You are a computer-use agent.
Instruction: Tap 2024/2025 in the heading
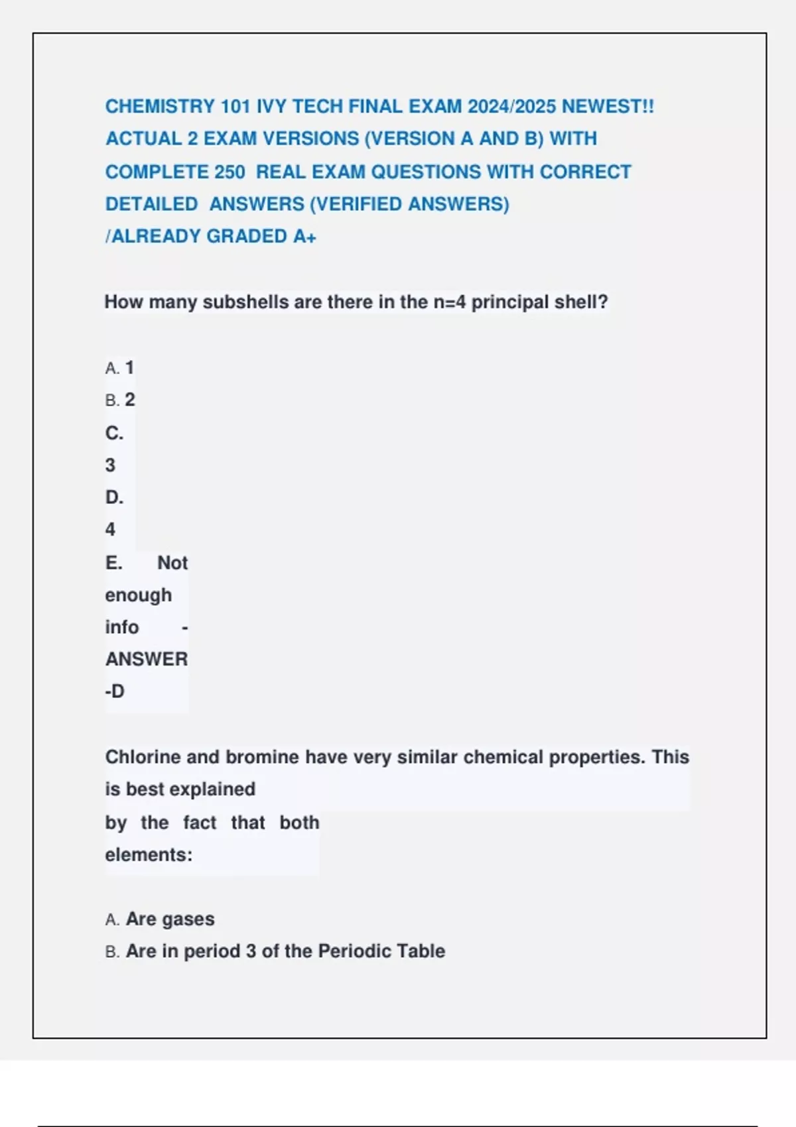(511, 106)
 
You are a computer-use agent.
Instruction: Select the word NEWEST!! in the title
(608, 106)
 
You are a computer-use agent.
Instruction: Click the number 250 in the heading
(230, 172)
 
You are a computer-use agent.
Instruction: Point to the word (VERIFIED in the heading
(358, 204)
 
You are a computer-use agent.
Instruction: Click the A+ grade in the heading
(304, 236)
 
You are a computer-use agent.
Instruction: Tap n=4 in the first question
(450, 302)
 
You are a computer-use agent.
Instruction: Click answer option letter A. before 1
(112, 368)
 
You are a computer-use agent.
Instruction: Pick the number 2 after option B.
(130, 400)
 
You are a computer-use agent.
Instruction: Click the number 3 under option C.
(110, 465)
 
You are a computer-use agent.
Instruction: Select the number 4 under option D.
(110, 530)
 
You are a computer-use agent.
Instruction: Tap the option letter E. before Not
(113, 563)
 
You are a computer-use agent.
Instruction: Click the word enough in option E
(138, 595)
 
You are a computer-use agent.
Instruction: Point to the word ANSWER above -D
(147, 659)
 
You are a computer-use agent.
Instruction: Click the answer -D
(115, 691)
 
